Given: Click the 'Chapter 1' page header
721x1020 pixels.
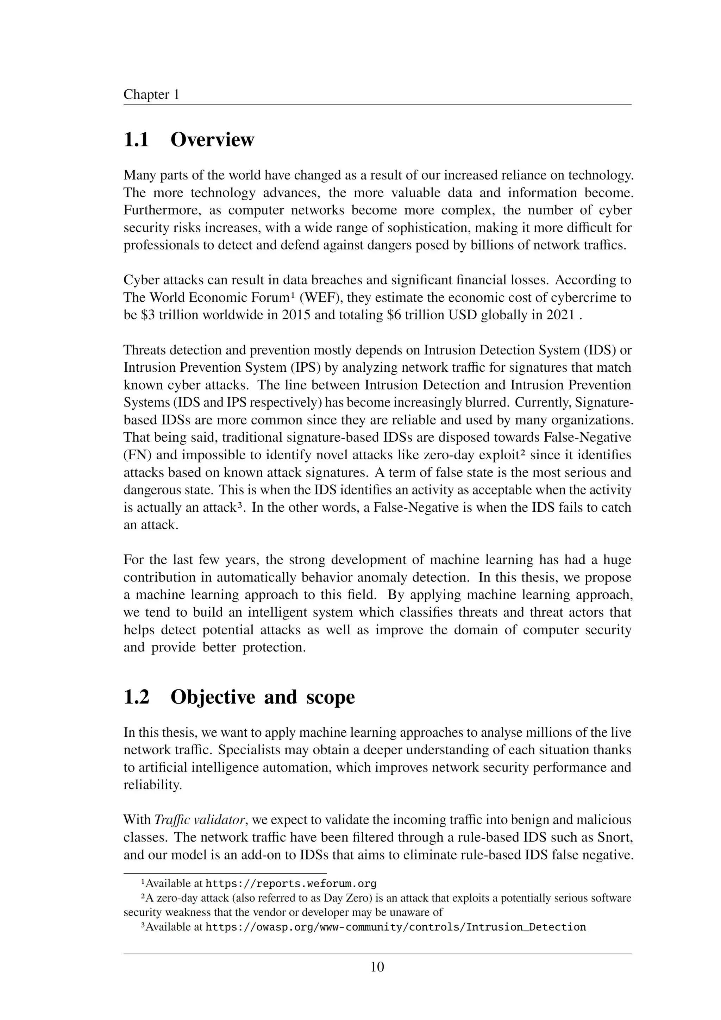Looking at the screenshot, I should (x=151, y=95).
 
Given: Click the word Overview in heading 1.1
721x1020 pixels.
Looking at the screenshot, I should (x=212, y=139).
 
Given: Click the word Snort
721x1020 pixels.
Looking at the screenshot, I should (x=614, y=837).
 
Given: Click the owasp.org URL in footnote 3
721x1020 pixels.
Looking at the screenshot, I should (x=395, y=927).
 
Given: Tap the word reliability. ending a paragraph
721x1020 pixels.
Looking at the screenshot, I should (x=152, y=785).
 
